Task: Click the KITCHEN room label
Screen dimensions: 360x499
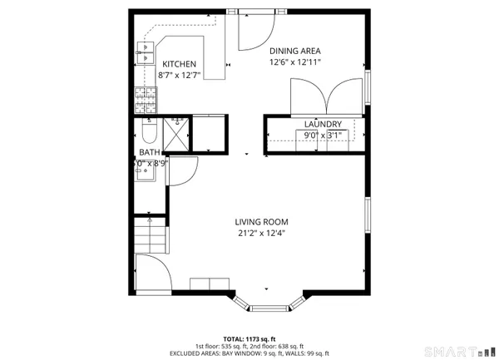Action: [179, 64]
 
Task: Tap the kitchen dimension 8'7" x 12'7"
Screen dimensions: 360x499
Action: [180, 76]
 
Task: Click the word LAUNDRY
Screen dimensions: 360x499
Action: [324, 124]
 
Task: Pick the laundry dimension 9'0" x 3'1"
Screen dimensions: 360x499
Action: [324, 136]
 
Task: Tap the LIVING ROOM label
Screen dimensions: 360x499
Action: [261, 221]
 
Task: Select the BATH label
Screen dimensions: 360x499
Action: [150, 152]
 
